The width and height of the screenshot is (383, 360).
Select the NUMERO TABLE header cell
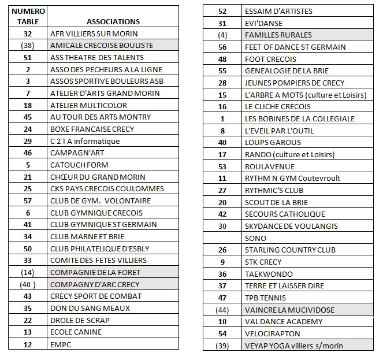27,16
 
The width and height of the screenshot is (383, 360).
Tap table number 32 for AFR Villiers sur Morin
27,34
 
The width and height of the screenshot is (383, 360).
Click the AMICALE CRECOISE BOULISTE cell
102,45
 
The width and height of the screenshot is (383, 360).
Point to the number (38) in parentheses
27,45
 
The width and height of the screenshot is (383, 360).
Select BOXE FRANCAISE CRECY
92,129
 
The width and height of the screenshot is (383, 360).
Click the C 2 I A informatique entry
85,141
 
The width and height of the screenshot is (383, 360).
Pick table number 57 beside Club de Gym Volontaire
27,201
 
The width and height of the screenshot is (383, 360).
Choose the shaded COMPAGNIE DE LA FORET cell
95,272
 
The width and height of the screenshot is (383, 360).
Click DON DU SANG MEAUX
90,308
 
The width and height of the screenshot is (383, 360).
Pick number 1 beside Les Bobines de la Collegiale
222,118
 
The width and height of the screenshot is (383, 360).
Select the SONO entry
255,238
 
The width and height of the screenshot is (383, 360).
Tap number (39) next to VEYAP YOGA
222,346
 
